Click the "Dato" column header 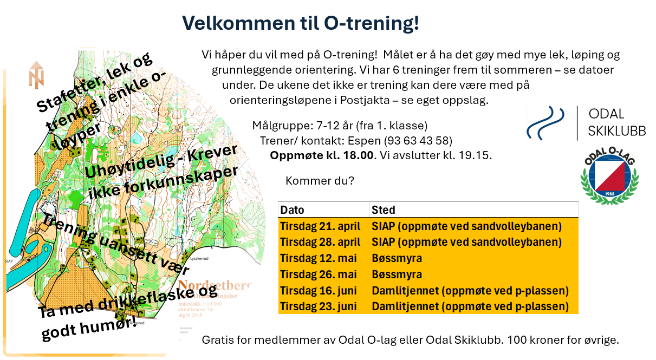[293, 210]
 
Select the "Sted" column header [384, 210]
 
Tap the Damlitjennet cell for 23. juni [470, 306]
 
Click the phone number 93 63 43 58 [418, 141]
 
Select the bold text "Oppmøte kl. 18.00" [322, 155]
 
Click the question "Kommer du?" [319, 180]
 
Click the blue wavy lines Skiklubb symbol [548, 123]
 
